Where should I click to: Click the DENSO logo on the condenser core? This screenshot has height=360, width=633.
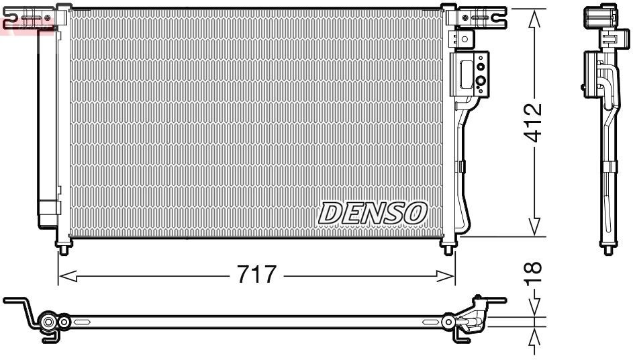point(373,214)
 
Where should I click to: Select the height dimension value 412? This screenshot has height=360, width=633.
point(534,122)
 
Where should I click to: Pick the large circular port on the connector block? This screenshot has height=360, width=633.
point(481,83)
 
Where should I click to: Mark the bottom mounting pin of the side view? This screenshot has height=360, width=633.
point(609,249)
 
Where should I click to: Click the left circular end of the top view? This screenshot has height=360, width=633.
point(48,323)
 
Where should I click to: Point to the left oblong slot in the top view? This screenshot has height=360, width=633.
point(81,323)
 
